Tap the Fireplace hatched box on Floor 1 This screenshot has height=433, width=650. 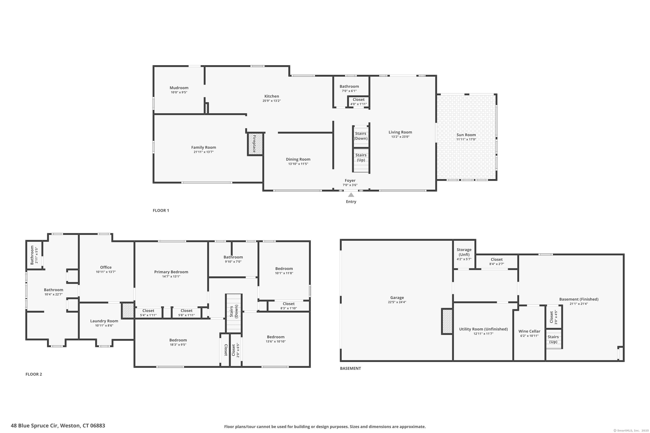pos(255,144)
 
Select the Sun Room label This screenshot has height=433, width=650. pos(466,135)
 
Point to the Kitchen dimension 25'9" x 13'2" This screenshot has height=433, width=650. pos(271,101)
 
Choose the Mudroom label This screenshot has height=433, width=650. pos(179,88)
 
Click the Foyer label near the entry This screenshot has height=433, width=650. pos(350,181)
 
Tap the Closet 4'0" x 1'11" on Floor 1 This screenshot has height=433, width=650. pos(358,102)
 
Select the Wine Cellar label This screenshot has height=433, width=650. pos(529,331)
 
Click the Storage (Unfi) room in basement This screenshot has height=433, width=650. pos(464,254)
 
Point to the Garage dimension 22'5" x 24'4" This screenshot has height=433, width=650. pos(397,302)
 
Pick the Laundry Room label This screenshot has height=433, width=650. pos(104,321)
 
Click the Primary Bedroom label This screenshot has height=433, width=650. pos(171,272)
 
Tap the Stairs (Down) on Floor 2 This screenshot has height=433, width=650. pos(234,312)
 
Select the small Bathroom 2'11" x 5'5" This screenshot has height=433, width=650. pos(34,255)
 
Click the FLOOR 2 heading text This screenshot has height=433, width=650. pos(34,374)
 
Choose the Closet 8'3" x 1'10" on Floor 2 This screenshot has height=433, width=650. pos(289,306)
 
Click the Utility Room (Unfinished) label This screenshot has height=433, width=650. pos(483,329)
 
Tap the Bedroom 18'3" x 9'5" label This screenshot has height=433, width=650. pos(178,340)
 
